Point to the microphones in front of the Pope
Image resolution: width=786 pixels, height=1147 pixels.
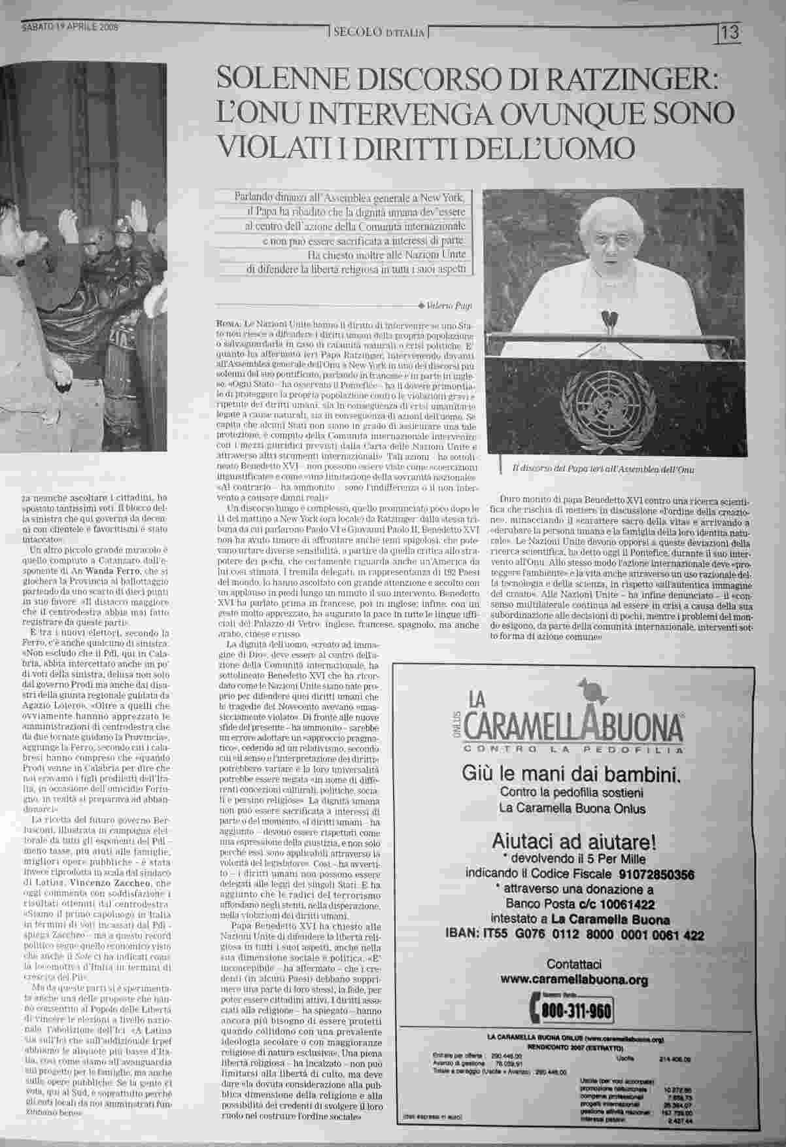[609, 318]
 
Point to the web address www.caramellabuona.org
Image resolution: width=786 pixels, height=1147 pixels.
[573, 979]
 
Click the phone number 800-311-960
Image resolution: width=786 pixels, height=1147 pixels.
[575, 1012]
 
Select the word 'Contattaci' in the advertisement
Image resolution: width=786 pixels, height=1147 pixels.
[573, 964]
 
